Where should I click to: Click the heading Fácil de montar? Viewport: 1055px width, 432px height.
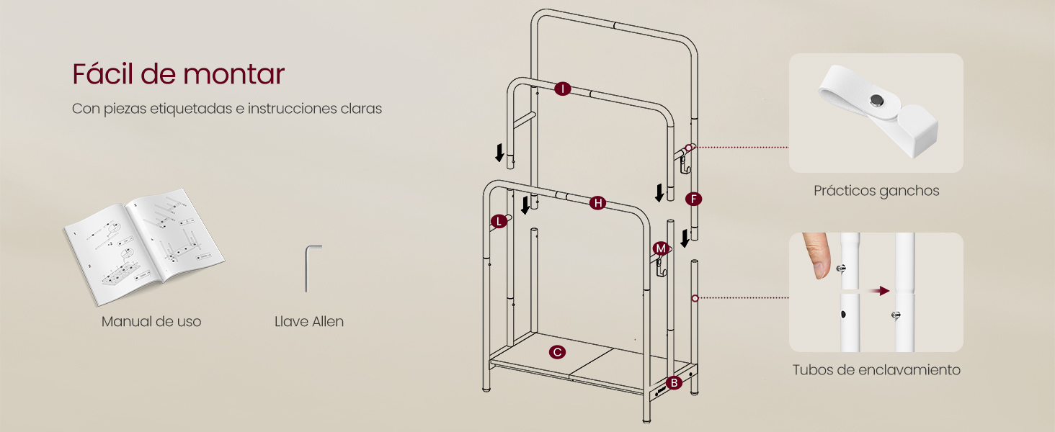point(178,74)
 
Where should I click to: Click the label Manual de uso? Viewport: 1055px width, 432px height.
point(151,321)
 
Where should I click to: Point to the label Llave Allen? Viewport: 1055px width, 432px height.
point(309,321)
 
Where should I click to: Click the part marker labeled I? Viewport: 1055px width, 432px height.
point(562,89)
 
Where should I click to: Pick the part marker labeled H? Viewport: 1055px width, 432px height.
point(597,203)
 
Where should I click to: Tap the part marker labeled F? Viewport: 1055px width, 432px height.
point(693,199)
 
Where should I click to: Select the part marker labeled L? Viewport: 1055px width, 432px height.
point(499,221)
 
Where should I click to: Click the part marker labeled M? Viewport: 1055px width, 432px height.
point(660,248)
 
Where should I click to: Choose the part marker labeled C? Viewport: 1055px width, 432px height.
point(556,352)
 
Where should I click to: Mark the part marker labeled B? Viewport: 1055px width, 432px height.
point(674,383)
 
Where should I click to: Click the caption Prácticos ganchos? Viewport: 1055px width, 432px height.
point(876,191)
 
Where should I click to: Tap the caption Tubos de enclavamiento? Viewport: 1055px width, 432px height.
point(876,370)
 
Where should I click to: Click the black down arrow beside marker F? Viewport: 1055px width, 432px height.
point(685,238)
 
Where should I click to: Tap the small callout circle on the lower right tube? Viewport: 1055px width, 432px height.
point(695,297)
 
